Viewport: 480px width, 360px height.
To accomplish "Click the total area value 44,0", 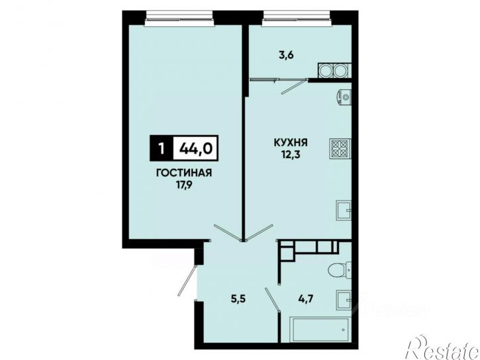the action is click(x=196, y=148).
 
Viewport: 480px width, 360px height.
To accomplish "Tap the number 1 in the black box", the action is click(x=162, y=149).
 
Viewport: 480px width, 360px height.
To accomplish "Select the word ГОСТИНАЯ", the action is click(x=184, y=173).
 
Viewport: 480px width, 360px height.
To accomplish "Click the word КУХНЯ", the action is click(x=291, y=142).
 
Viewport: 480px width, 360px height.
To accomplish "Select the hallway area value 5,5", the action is click(x=239, y=298).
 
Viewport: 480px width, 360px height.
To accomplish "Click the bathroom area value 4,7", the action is click(x=306, y=298).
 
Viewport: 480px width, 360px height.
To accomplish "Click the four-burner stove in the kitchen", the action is click(x=340, y=149).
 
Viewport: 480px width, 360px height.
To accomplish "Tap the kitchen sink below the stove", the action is click(x=344, y=210).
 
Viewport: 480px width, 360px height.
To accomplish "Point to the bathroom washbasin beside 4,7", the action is click(x=344, y=300).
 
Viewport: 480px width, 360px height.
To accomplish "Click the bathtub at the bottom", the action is click(x=319, y=330).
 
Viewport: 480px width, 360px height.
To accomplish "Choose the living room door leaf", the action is click(x=228, y=233).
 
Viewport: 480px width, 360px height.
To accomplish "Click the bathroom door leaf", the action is click(x=273, y=300).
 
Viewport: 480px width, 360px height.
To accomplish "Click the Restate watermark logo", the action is click(x=442, y=347).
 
